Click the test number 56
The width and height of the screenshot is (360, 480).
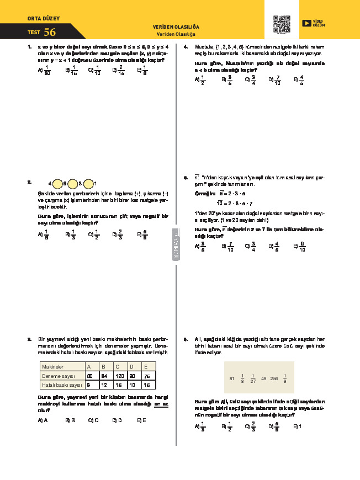(x=50, y=32)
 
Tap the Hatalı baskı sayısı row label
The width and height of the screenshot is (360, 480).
(x=62, y=385)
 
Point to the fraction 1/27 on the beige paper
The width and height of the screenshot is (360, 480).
(x=252, y=378)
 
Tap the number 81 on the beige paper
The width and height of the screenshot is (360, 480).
(x=231, y=378)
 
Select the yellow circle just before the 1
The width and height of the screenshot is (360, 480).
(x=88, y=183)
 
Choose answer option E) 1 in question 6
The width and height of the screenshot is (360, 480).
(x=296, y=426)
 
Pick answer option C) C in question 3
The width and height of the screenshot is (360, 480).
(x=93, y=420)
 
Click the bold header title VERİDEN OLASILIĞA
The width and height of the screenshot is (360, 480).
(x=176, y=26)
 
